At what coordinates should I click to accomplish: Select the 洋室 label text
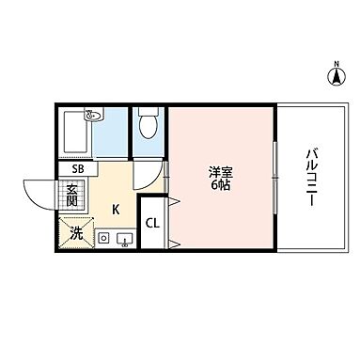pyautogui.click(x=221, y=171)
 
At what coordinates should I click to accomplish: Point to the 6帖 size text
pyautogui.click(x=221, y=185)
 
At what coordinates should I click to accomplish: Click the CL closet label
pyautogui.click(x=152, y=224)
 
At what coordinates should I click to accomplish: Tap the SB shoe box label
pyautogui.click(x=78, y=168)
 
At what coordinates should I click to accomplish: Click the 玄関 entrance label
pyautogui.click(x=71, y=197)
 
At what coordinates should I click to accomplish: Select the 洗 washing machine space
pyautogui.click(x=72, y=231)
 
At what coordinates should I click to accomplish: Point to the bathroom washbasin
pyautogui.click(x=93, y=118)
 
